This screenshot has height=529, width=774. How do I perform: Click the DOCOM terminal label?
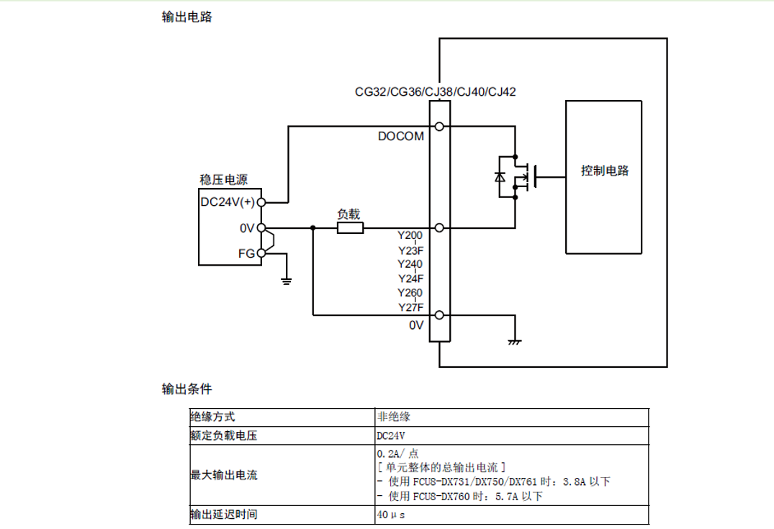[x=401, y=136]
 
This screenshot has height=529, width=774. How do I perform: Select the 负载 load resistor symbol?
[x=350, y=227]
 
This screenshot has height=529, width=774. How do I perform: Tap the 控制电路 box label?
[x=605, y=171]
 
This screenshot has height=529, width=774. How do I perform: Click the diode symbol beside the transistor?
[x=500, y=176]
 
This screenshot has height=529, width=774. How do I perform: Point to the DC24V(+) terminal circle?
[x=261, y=202]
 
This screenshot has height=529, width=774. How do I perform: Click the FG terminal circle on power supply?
[x=261, y=253]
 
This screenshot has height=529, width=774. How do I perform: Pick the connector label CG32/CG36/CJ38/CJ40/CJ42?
[x=436, y=92]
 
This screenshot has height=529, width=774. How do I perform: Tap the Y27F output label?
[x=410, y=307]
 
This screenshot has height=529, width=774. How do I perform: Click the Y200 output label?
[x=410, y=235]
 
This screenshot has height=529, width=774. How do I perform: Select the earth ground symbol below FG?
[x=287, y=281]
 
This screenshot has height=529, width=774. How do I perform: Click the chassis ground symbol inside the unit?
[x=514, y=341]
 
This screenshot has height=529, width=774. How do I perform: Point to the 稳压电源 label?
[x=224, y=180]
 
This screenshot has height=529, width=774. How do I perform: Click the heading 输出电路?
[x=186, y=17]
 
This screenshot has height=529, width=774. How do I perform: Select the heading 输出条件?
[x=186, y=389]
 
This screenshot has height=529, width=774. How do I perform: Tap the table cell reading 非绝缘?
[x=394, y=417]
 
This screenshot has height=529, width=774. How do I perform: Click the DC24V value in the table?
[x=391, y=435]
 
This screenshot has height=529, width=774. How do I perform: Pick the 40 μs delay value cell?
[x=391, y=515]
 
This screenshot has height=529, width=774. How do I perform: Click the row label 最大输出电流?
[x=224, y=475]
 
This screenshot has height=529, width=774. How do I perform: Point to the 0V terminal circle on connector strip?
[x=439, y=315]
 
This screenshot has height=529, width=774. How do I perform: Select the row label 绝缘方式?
[x=212, y=417]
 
